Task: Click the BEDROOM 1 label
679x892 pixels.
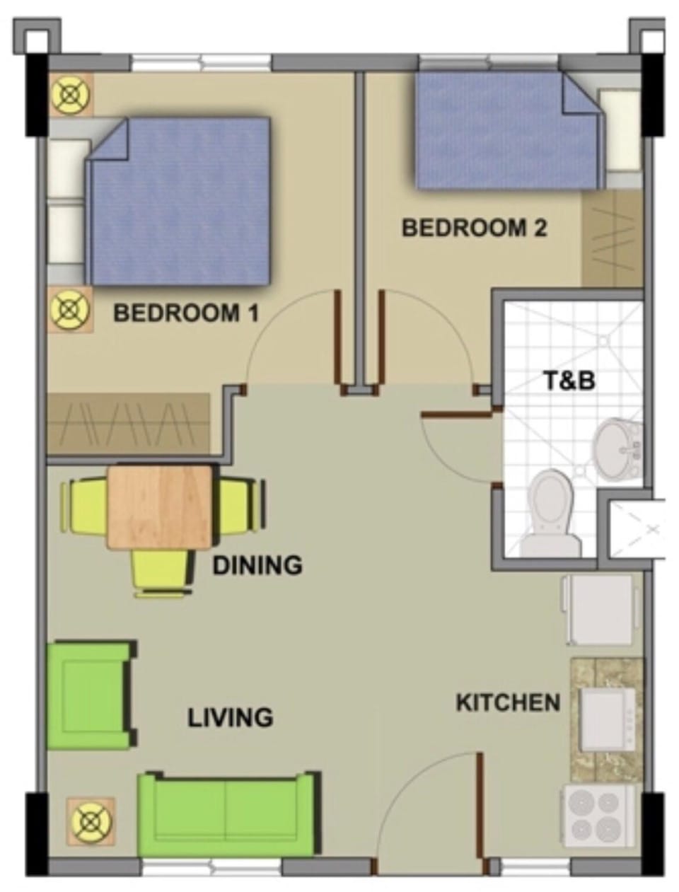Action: point(186,314)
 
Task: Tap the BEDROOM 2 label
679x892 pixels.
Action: point(474,228)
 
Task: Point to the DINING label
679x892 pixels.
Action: point(257,565)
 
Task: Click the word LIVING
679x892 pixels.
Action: point(231,718)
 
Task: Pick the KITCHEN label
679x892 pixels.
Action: point(509,702)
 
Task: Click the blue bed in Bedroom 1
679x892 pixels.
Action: point(179,201)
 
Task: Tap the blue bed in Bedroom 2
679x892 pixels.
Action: point(508,130)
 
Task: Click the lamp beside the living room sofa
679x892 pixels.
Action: point(91,822)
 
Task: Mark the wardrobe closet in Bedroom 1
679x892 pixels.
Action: point(128,423)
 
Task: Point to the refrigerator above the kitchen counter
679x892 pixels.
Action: point(598,610)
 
